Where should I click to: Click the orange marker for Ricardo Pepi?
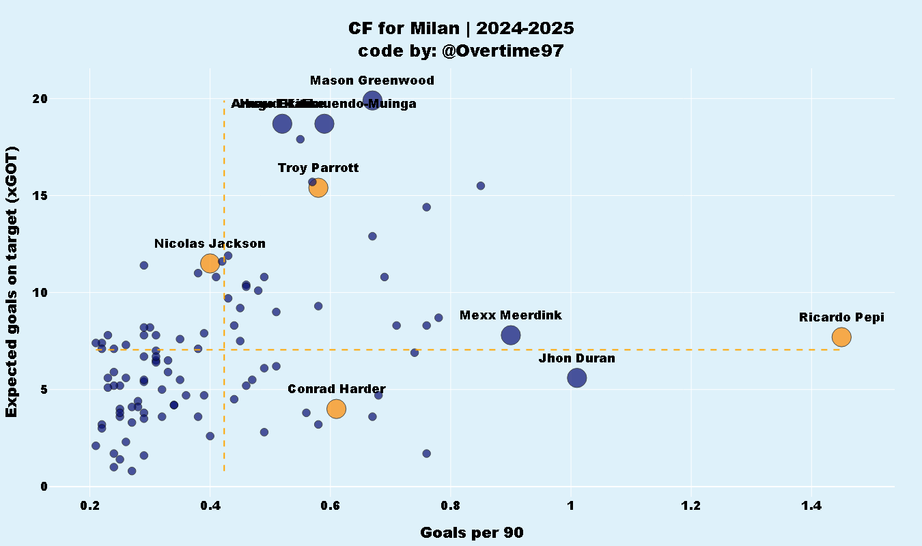(x=841, y=336)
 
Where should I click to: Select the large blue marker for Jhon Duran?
(x=577, y=377)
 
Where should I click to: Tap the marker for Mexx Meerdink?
(x=511, y=335)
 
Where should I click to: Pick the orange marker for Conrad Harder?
(x=336, y=408)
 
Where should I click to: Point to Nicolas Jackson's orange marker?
(x=210, y=263)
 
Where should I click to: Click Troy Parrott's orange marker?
(x=318, y=188)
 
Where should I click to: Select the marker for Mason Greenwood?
(x=372, y=102)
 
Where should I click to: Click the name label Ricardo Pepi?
(x=841, y=317)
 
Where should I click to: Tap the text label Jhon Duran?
(x=576, y=358)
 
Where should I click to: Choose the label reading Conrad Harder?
(x=336, y=389)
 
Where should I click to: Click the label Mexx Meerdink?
(x=510, y=315)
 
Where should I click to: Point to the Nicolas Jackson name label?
(x=210, y=244)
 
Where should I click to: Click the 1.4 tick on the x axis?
(x=811, y=506)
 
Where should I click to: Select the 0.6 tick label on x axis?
(x=330, y=506)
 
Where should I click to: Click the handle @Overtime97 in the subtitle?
(x=503, y=51)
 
